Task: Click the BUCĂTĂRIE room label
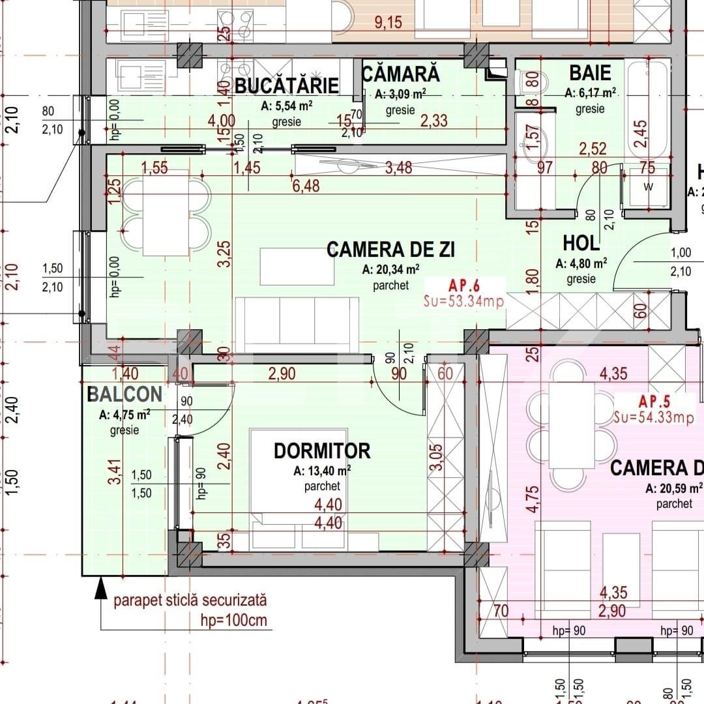coord(287,85)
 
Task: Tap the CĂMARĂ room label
coord(400,74)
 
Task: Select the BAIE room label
coord(590,72)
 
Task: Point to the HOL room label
coord(581,243)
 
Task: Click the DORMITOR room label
coord(322,450)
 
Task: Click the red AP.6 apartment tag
coord(464,285)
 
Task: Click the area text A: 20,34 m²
coord(390,269)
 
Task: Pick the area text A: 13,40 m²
coord(322,470)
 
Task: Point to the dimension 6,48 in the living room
coord(306,186)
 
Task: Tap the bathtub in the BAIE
coord(647,108)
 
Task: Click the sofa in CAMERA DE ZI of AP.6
coord(297,323)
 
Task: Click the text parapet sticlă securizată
coord(190,600)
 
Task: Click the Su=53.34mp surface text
coord(463,301)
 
